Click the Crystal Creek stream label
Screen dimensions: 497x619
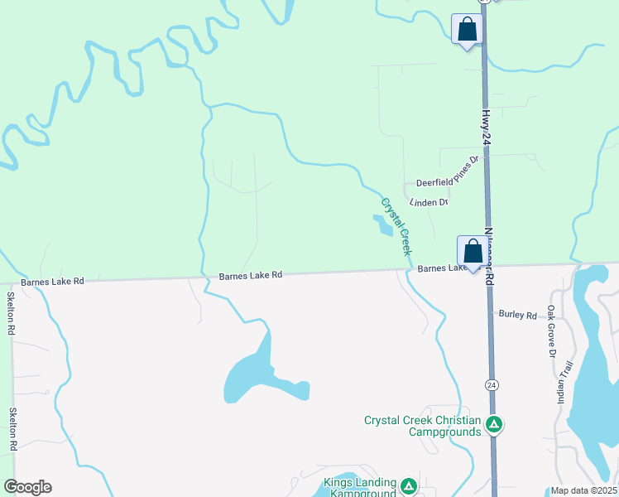click(x=396, y=226)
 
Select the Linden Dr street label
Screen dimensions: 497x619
click(x=428, y=201)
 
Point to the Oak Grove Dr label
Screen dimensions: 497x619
click(x=551, y=331)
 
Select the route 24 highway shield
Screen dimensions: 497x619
click(x=492, y=385)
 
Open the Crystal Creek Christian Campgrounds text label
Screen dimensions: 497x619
click(x=422, y=426)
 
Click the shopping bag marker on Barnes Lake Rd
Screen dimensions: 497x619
click(x=473, y=252)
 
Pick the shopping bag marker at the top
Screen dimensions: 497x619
click(x=467, y=30)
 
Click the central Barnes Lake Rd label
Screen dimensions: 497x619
click(x=251, y=276)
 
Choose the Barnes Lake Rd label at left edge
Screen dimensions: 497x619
click(x=53, y=282)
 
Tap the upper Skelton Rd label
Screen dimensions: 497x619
click(x=12, y=313)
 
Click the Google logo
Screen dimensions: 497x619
click(x=27, y=487)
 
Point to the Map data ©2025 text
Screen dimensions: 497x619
click(x=583, y=490)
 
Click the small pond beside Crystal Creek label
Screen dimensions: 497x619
click(x=382, y=224)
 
